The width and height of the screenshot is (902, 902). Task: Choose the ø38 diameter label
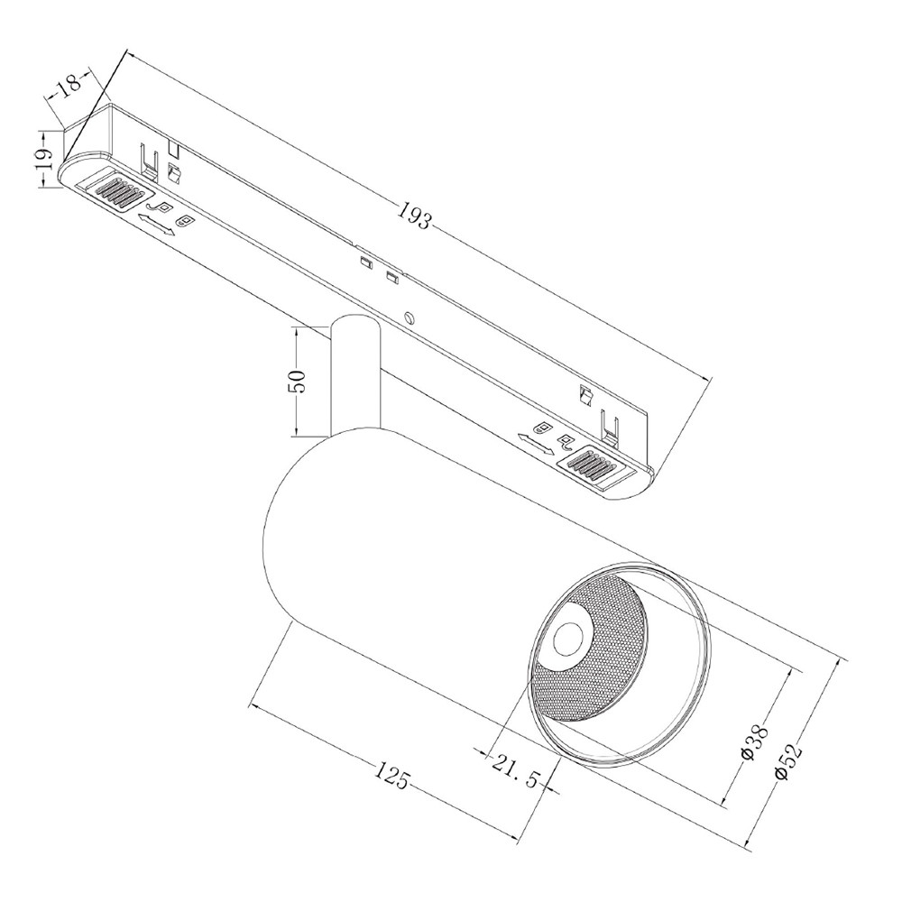point(754,744)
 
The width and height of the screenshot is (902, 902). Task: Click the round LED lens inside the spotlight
point(568,640)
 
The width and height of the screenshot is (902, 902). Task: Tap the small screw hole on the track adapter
point(410,317)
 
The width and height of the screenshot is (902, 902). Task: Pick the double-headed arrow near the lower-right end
point(536,444)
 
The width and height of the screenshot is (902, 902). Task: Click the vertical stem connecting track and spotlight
point(354,377)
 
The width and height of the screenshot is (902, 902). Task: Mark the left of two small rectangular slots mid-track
point(365,262)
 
